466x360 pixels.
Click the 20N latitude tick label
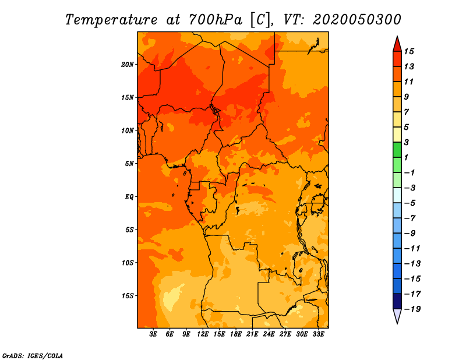128,65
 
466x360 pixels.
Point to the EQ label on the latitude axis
129,197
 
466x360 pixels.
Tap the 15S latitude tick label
128,296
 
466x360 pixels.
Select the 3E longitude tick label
153,334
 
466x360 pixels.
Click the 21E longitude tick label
252,334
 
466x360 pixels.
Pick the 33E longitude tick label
318,334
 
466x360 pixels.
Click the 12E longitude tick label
203,334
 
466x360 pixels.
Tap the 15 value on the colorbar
409,51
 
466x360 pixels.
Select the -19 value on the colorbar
413,309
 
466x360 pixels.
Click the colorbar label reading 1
407,157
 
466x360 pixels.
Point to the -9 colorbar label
410,234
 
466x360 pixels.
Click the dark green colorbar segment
397,150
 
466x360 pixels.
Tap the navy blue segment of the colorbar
397,301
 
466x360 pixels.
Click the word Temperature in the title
111,20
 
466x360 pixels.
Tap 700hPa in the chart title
215,20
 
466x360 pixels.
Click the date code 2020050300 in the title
356,20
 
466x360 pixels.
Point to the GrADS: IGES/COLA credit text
33,356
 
